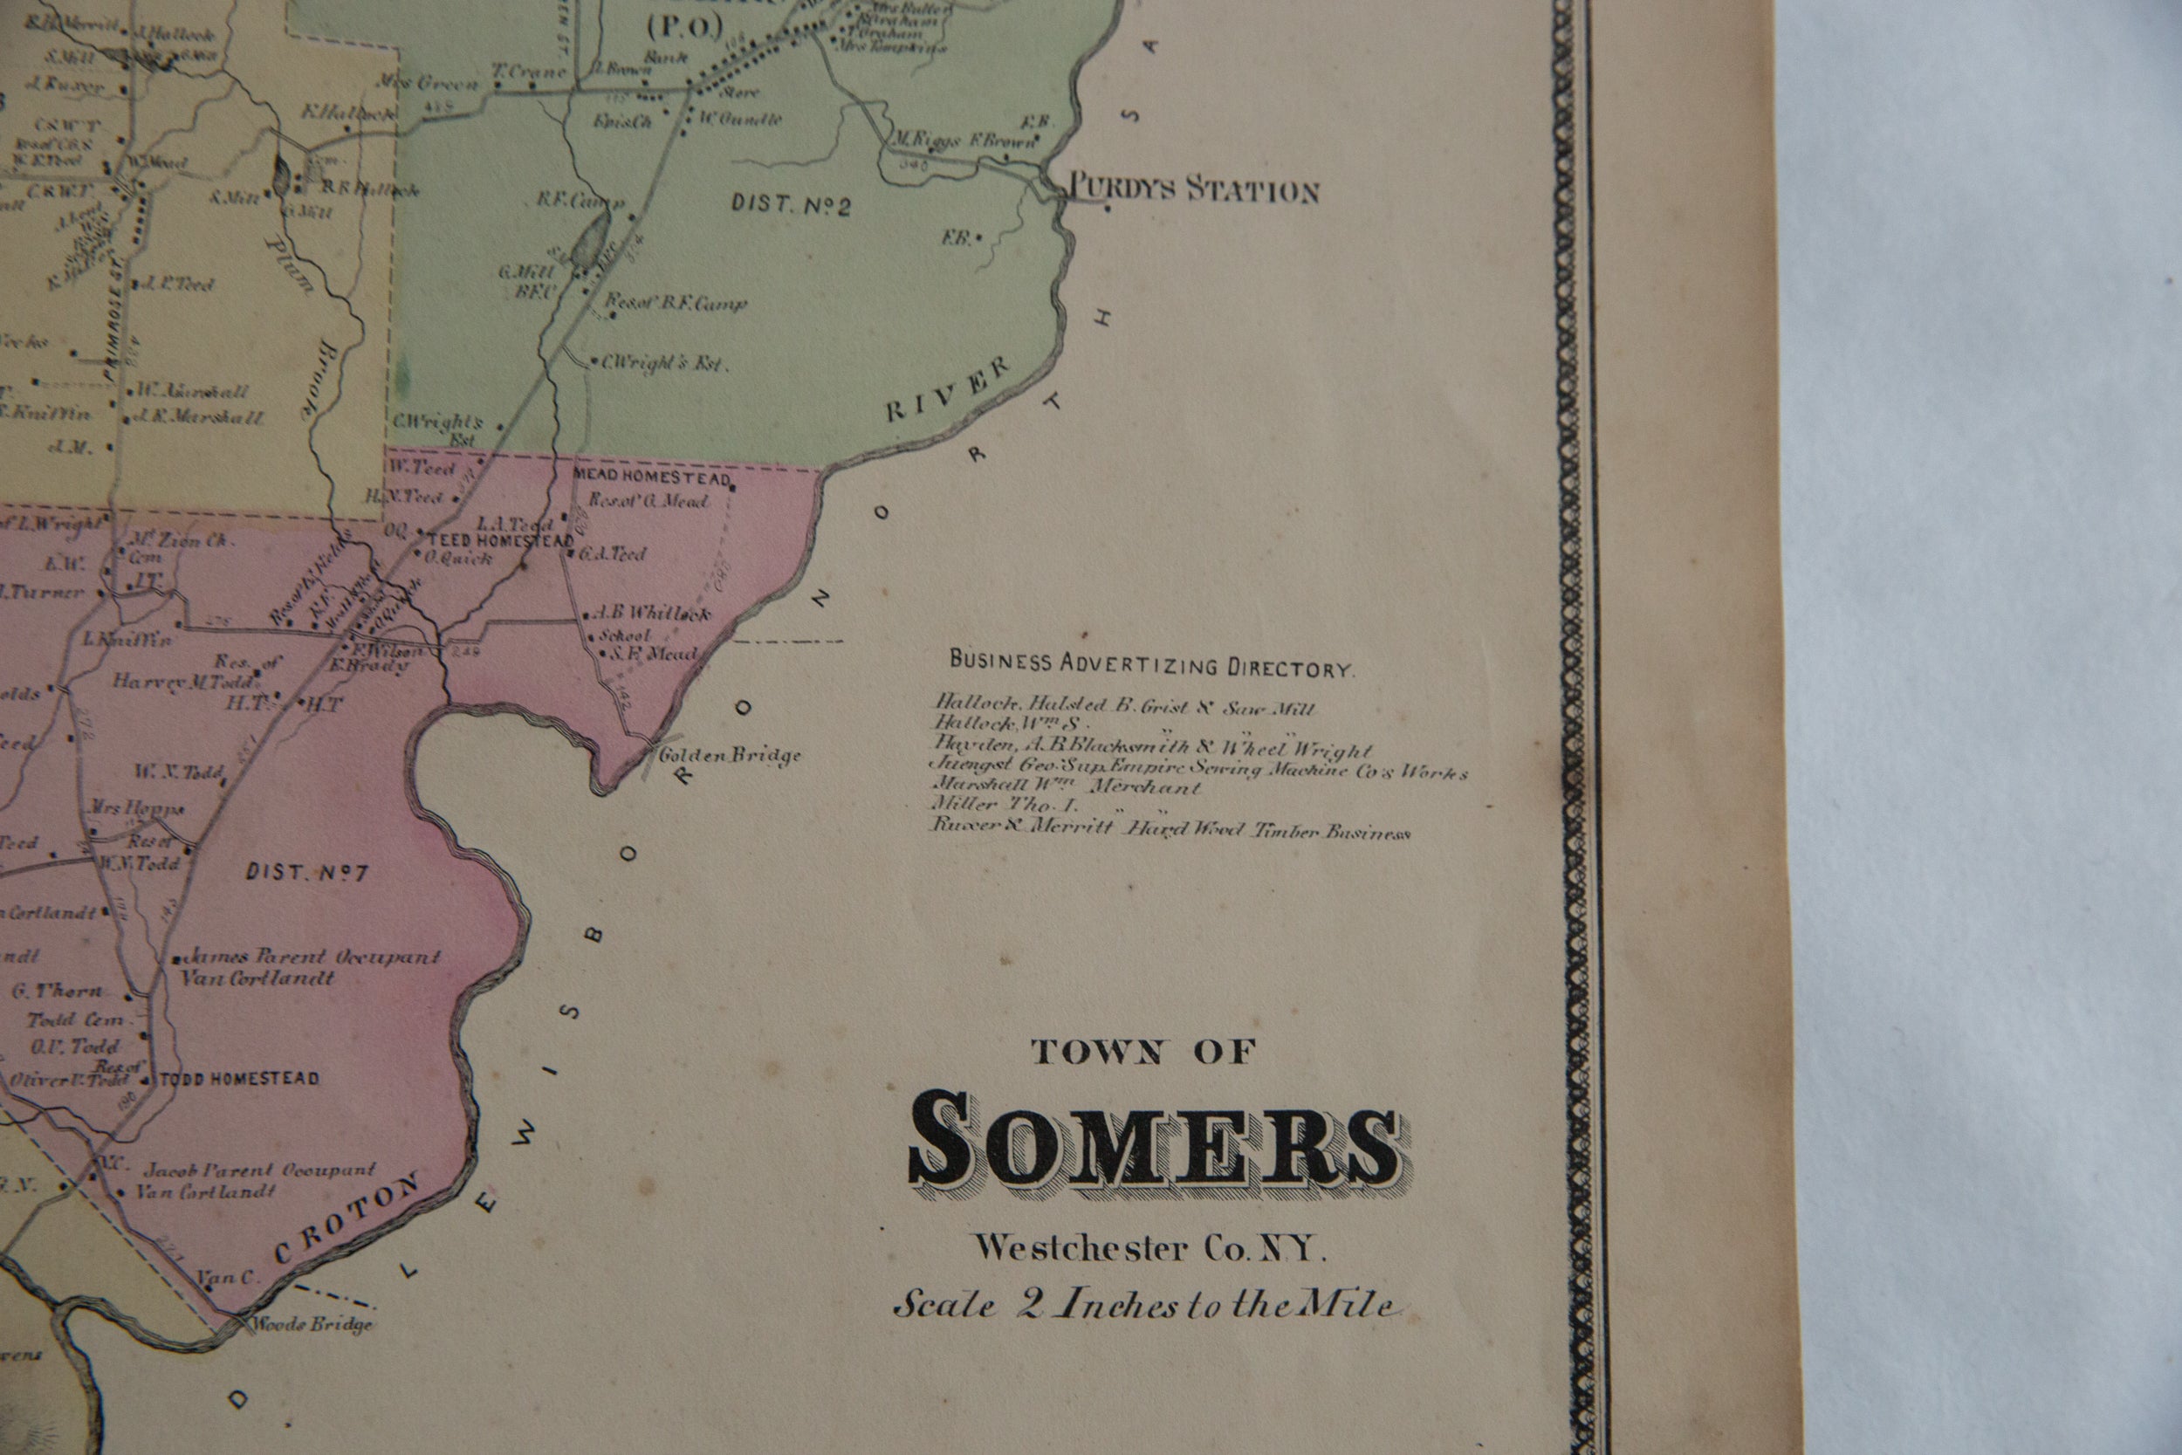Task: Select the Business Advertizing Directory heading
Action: [1150, 664]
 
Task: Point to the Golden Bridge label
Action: [729, 755]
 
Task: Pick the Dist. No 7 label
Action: [308, 872]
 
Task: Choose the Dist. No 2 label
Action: [791, 204]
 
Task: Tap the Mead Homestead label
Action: [653, 475]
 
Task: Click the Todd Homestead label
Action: [239, 1078]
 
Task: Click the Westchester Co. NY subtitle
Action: [1149, 1248]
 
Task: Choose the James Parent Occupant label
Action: [313, 957]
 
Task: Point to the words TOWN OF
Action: [1143, 1052]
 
